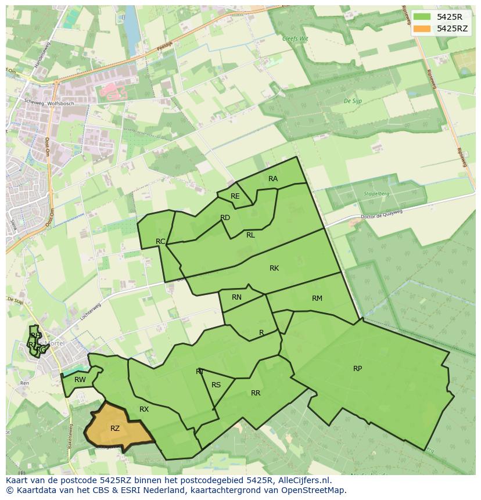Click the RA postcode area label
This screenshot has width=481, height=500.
click(x=273, y=179)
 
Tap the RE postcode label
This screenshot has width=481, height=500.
click(x=235, y=196)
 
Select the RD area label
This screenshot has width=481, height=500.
click(x=225, y=218)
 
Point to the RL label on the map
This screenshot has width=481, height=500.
click(x=250, y=235)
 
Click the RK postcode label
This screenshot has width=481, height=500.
click(x=274, y=268)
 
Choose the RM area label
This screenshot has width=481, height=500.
click(x=317, y=298)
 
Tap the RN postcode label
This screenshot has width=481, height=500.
click(x=236, y=297)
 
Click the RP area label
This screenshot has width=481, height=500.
click(x=357, y=369)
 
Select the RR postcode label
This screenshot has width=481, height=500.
click(x=256, y=393)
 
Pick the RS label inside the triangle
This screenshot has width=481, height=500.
click(x=216, y=385)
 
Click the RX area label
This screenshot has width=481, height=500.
click(x=144, y=409)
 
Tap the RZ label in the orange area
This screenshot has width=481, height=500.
click(x=115, y=429)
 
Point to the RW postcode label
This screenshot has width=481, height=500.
click(x=80, y=380)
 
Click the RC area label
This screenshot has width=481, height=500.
click(x=161, y=241)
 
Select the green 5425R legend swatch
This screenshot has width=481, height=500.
click(x=422, y=17)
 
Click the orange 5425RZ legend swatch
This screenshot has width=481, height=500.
click(x=422, y=28)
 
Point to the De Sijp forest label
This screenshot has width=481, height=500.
click(x=353, y=101)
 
